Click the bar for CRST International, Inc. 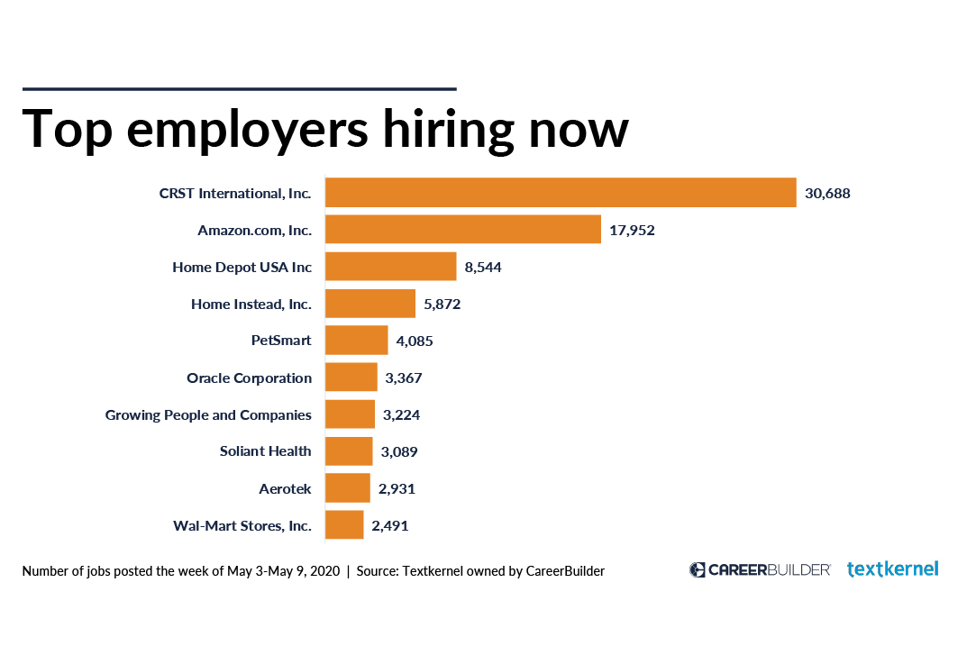[560, 193]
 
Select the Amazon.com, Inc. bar [462, 230]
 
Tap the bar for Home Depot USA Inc [390, 267]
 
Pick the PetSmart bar [356, 341]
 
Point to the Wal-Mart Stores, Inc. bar [344, 525]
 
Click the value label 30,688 [827, 193]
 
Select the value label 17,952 [632, 230]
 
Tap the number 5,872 [442, 305]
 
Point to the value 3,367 [404, 378]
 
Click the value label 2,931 [397, 488]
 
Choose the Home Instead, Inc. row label [251, 305]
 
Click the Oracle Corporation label [250, 378]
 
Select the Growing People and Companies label [208, 415]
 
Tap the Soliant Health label [266, 451]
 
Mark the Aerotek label [285, 488]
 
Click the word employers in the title [248, 129]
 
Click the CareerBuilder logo [760, 569]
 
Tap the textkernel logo [892, 569]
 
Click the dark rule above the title [239, 88]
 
